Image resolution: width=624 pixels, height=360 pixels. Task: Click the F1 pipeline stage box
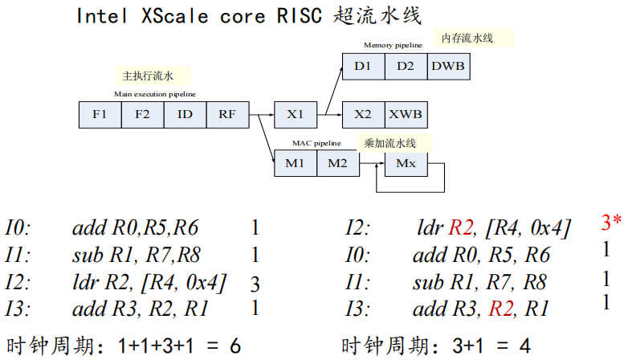[x=100, y=115]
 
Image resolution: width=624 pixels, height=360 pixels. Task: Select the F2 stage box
[x=142, y=115]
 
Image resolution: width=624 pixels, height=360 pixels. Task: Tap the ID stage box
[x=185, y=115]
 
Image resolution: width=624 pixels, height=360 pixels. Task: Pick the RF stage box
[x=227, y=115]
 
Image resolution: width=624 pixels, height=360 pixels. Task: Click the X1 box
[x=296, y=115]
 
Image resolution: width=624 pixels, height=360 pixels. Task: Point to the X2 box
[x=363, y=115]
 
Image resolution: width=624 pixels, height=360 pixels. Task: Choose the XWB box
[x=406, y=115]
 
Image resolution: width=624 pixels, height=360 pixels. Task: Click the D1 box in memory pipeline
[x=363, y=67]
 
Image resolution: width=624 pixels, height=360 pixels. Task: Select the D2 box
[x=406, y=67]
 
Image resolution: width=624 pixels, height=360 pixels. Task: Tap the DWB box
[x=449, y=67]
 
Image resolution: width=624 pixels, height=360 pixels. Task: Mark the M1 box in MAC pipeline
[x=296, y=164]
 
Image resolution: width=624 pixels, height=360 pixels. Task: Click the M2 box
[x=338, y=164]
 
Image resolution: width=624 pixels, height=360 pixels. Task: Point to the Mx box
[x=406, y=164]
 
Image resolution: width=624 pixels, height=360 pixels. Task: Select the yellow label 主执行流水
[x=153, y=76]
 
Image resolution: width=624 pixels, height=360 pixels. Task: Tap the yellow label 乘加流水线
[x=389, y=143]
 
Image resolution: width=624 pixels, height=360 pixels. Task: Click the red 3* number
[x=610, y=222]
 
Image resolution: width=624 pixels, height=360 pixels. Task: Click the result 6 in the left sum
[x=235, y=346]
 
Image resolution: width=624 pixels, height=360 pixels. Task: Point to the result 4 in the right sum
[x=524, y=346]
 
